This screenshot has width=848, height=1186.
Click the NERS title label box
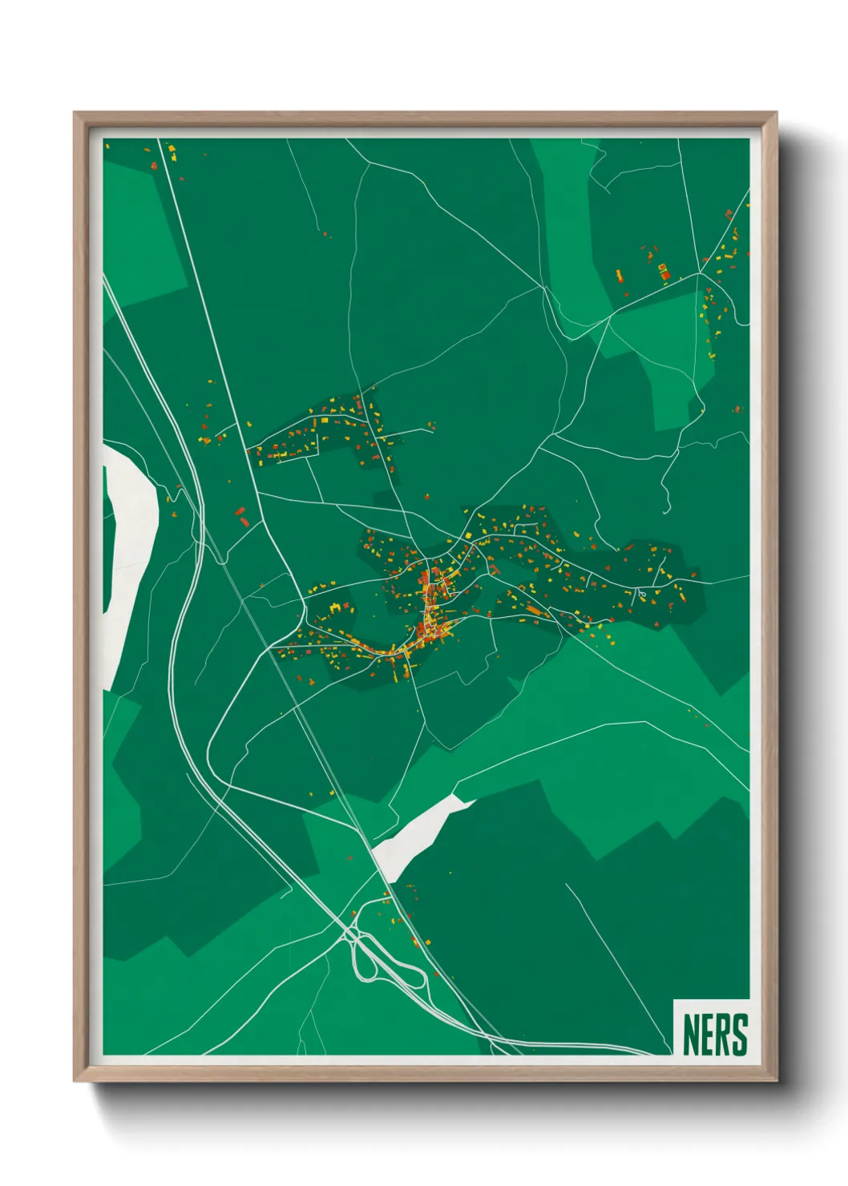tap(712, 1028)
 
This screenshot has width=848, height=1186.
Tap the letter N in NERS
tap(691, 1035)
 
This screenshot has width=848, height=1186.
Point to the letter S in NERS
tap(740, 1035)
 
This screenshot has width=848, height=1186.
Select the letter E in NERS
tap(707, 1035)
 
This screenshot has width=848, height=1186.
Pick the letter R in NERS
tap(723, 1035)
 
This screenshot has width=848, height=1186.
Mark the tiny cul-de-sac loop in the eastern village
tap(641, 594)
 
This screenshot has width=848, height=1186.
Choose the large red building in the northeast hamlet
tap(664, 275)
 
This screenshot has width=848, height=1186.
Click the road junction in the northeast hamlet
tap(699, 273)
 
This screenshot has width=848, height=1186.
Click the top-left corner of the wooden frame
tap(75, 114)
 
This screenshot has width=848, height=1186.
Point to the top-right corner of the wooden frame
tap(776, 114)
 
